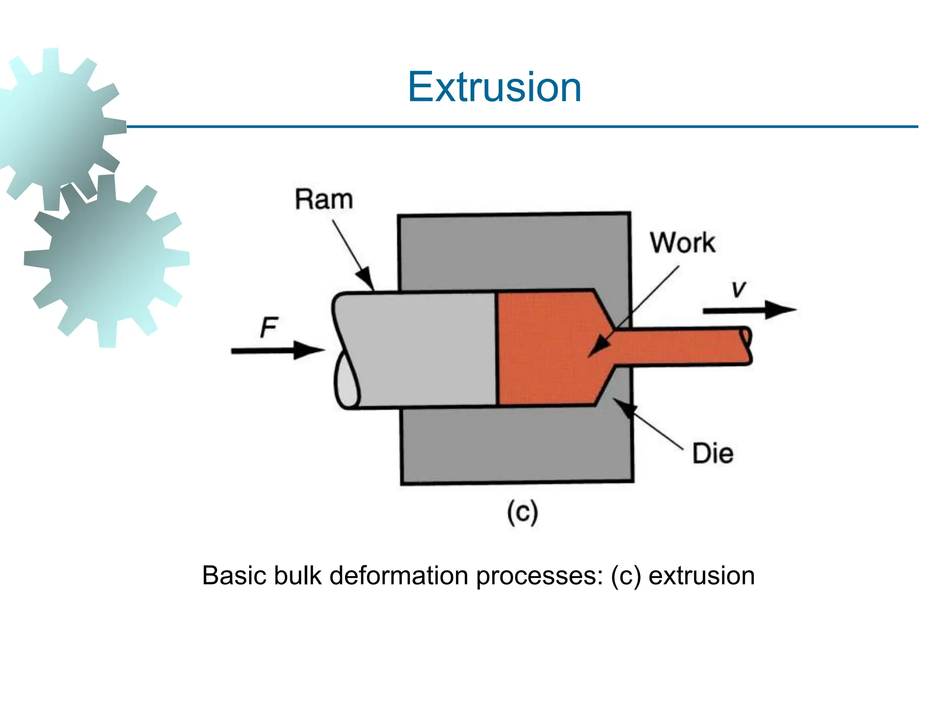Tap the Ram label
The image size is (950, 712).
click(324, 200)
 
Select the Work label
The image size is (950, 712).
click(682, 242)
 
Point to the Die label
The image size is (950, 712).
click(712, 453)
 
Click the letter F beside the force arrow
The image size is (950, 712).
click(269, 327)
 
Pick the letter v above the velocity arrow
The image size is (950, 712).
click(738, 289)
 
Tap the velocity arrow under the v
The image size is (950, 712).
click(749, 310)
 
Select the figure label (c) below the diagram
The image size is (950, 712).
click(522, 513)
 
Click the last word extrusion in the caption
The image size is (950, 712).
click(701, 576)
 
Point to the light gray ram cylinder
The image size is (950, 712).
click(417, 350)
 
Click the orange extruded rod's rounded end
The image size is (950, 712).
click(746, 345)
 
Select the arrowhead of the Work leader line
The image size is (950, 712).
click(598, 348)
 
